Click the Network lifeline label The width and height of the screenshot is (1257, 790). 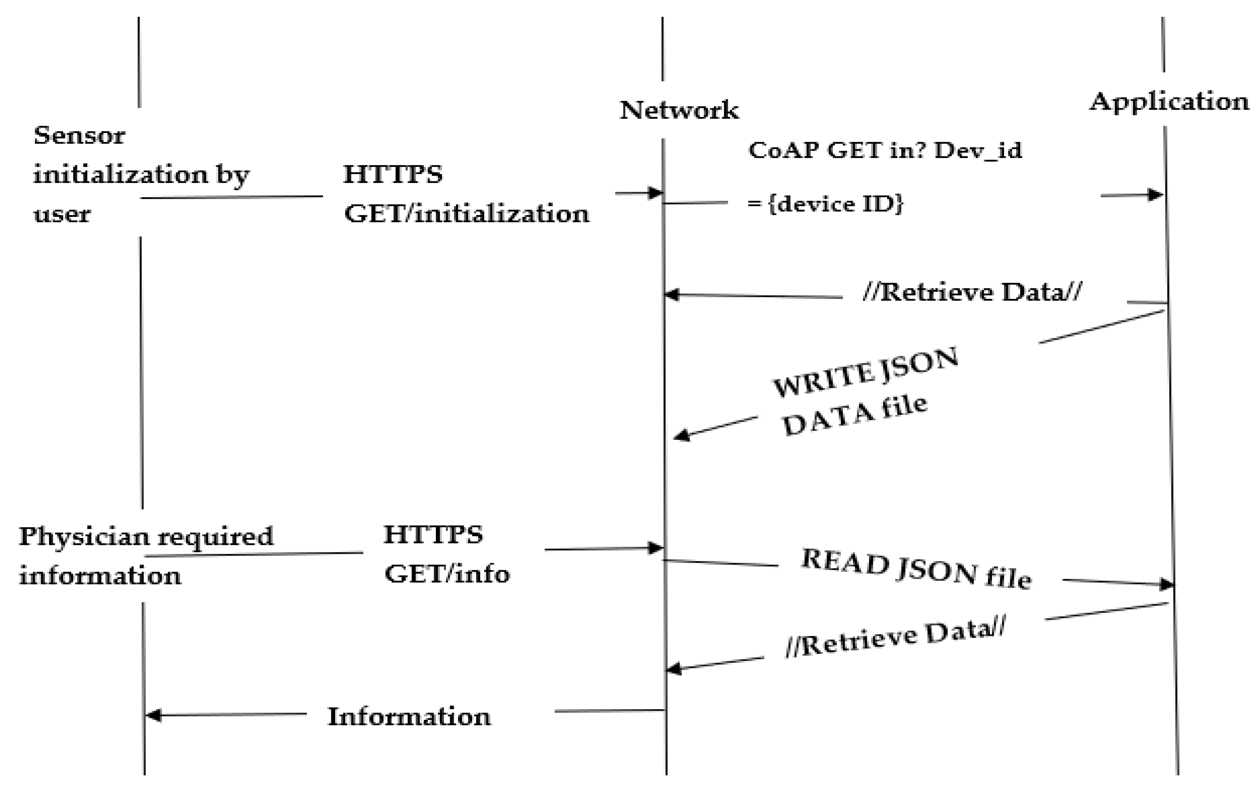(x=679, y=110)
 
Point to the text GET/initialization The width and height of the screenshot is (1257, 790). (x=466, y=214)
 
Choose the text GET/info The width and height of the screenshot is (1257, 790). (x=447, y=574)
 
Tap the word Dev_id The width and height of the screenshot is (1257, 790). (x=978, y=150)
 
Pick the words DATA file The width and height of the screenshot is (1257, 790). (x=855, y=416)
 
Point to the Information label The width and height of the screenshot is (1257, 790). (x=409, y=716)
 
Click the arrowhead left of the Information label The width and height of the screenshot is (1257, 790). (x=153, y=715)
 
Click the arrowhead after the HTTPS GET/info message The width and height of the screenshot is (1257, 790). (x=655, y=548)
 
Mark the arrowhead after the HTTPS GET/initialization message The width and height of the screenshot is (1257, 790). (x=655, y=193)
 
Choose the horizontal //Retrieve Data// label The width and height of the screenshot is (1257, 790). (x=972, y=292)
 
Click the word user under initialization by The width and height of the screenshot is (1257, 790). (x=61, y=214)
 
